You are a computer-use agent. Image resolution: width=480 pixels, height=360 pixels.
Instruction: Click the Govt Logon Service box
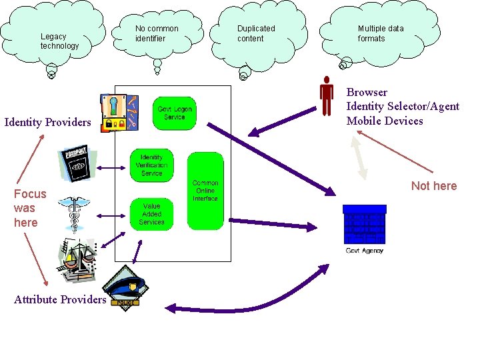coord(174,113)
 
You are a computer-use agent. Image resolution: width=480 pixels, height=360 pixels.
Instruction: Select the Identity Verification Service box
coord(151,165)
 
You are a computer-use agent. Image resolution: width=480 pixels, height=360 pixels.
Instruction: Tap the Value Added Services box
coord(151,214)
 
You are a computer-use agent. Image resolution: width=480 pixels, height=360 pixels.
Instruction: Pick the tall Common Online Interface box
coord(205,191)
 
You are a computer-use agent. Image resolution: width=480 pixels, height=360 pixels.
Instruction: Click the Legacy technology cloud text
coord(59,41)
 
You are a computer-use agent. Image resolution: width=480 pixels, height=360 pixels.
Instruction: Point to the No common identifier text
coord(157,33)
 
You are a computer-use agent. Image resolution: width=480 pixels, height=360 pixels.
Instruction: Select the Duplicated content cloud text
coord(256,33)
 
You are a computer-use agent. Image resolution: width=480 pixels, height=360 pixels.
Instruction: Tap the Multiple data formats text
coord(380,33)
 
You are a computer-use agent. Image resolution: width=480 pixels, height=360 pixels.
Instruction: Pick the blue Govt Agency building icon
coord(364,224)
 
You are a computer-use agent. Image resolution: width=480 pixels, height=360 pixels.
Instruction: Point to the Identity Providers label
coord(47,122)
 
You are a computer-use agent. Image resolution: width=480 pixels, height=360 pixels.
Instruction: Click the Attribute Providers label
coord(60,299)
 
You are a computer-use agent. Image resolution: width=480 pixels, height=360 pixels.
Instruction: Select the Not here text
coord(434,186)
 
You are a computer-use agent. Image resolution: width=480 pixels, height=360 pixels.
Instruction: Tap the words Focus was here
coord(30,208)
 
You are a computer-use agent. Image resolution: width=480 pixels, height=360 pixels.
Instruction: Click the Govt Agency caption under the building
coord(364,251)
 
